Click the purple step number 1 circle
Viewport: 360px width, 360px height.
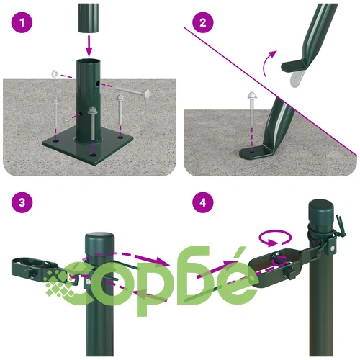[22, 22]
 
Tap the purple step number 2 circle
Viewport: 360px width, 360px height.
[203, 22]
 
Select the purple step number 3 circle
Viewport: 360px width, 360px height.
[22, 202]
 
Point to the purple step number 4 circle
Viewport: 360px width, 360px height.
[203, 202]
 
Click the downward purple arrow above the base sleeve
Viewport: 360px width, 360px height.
[89, 45]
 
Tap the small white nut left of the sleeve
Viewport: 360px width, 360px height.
[55, 73]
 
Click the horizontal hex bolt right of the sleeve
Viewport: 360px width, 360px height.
[132, 91]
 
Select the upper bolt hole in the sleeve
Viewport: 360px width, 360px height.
[98, 84]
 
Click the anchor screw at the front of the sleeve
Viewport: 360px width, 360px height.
[92, 124]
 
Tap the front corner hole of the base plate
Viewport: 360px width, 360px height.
[92, 156]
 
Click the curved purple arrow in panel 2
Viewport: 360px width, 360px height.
[269, 62]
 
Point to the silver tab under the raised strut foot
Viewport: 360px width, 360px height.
[297, 79]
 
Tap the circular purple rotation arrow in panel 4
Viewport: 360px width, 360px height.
[275, 238]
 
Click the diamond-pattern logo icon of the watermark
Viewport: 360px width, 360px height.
[59, 283]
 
